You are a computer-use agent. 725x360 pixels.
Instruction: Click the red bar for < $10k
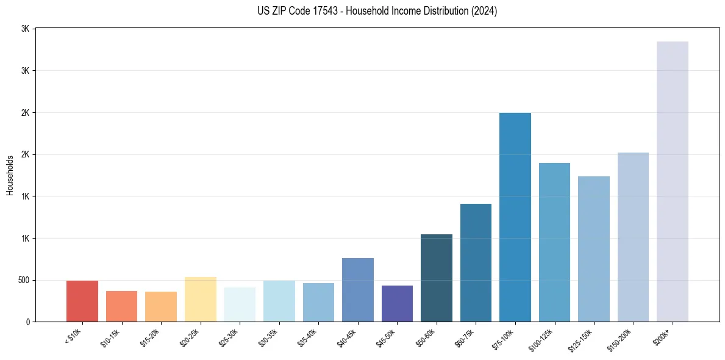[82, 301]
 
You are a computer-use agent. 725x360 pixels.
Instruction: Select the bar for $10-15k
[121, 306]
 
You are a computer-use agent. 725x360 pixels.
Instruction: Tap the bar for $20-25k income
[200, 299]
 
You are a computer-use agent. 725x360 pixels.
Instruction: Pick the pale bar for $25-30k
[240, 304]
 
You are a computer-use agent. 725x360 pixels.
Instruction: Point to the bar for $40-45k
[357, 290]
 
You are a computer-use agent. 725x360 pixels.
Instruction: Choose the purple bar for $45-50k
[397, 303]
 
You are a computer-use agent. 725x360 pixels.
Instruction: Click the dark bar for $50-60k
[437, 278]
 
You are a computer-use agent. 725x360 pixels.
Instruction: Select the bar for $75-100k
[515, 217]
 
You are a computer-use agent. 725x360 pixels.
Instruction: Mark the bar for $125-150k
[594, 249]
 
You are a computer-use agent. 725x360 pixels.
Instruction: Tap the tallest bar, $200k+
[673, 181]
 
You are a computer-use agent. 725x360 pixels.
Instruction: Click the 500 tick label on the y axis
[23, 280]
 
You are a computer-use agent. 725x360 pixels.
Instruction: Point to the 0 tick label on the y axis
[28, 322]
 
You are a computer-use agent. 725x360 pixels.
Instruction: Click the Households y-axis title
[10, 175]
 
